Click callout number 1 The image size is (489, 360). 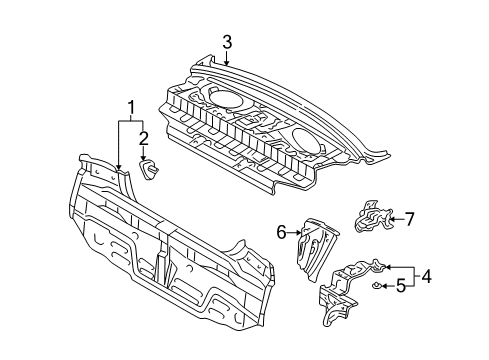[x=128, y=108]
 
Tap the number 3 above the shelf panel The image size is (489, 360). [x=227, y=42]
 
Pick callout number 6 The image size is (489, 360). [x=283, y=233]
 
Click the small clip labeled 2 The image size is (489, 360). [x=150, y=172]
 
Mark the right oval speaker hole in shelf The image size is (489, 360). [x=310, y=138]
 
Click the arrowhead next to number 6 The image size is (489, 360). [x=299, y=234]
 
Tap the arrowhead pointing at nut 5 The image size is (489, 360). [x=383, y=288]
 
